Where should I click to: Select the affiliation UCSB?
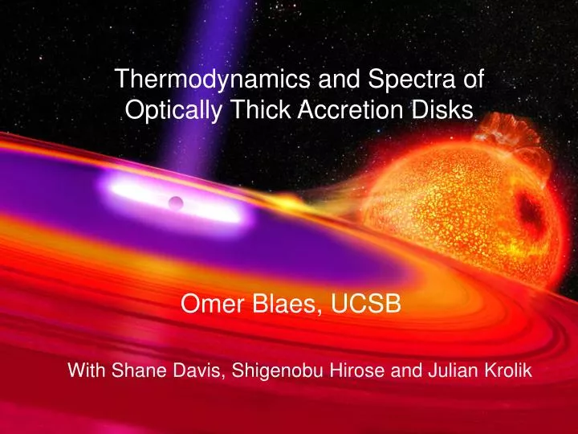[369, 305]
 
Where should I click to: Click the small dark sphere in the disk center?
[177, 201]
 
